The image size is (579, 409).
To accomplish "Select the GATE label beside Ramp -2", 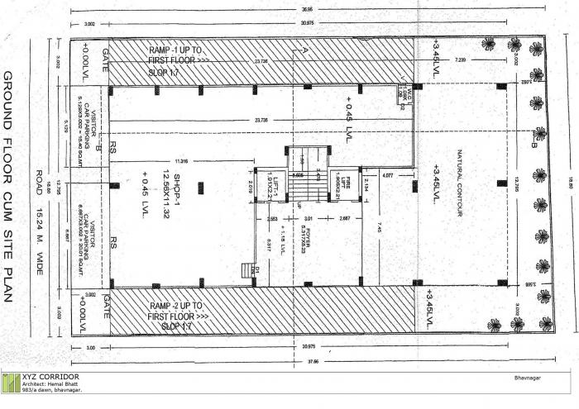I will click(x=104, y=308).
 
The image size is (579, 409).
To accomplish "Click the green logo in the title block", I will click(x=11, y=383).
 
